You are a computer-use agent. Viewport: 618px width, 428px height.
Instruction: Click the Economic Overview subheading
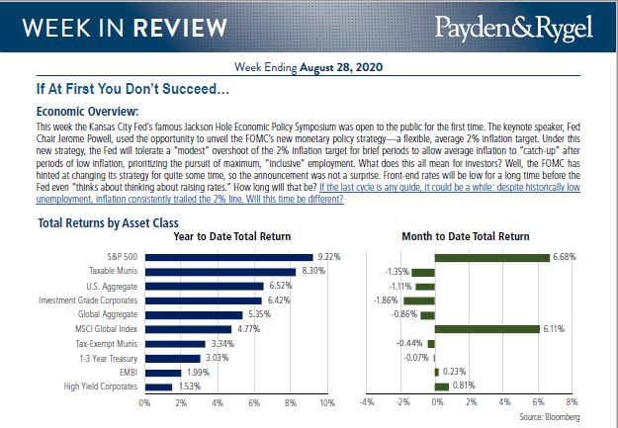[86, 112]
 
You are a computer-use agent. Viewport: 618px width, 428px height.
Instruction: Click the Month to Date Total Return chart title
[467, 237]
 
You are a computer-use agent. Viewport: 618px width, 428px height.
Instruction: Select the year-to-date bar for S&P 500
[228, 257]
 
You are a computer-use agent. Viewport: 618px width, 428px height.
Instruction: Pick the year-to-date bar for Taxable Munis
[221, 271]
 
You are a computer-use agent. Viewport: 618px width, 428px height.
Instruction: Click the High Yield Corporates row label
[101, 385]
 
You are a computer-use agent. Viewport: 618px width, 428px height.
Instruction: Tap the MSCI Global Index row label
[107, 328]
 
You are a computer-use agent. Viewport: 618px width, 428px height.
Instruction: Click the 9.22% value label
[327, 257]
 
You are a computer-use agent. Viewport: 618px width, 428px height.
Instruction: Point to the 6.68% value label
[564, 257]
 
